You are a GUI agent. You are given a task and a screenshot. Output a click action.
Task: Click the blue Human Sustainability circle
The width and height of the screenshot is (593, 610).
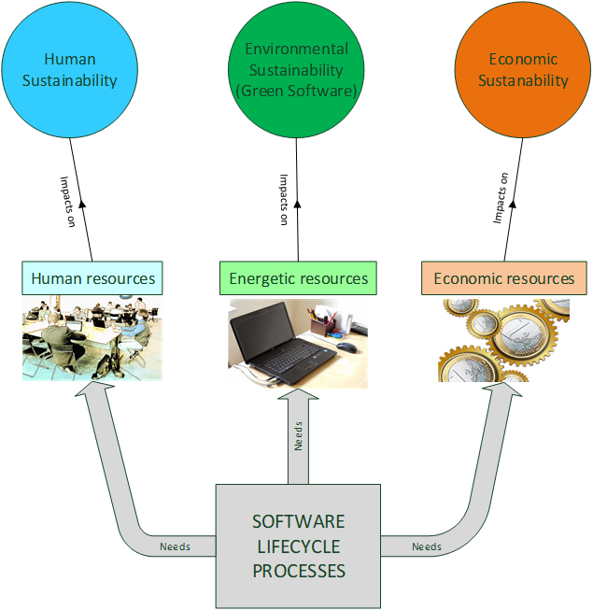click(70, 70)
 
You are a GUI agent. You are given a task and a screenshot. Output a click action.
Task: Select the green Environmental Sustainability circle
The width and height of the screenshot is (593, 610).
click(296, 70)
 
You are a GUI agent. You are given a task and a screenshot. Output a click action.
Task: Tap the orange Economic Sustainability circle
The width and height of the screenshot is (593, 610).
click(523, 70)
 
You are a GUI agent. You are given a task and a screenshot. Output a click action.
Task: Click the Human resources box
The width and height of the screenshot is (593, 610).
click(92, 278)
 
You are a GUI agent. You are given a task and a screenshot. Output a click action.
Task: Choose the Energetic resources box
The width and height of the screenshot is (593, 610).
click(298, 278)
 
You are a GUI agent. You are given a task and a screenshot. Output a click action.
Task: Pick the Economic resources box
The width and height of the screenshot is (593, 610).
click(504, 278)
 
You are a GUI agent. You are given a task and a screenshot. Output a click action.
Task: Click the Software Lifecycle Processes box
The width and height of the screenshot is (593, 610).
click(298, 546)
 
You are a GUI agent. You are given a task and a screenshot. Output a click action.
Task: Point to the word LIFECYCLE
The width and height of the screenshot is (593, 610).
click(299, 546)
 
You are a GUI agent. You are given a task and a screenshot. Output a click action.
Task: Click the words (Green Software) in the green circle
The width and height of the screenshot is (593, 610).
click(296, 91)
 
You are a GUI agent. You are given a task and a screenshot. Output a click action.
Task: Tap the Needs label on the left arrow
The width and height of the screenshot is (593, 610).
click(175, 546)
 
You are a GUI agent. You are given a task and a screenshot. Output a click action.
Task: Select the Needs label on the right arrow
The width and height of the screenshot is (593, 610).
click(427, 546)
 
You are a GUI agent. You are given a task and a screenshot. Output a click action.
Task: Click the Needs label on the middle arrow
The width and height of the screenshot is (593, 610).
click(298, 436)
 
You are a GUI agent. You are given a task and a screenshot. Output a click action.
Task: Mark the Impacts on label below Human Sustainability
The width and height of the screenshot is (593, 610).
click(67, 202)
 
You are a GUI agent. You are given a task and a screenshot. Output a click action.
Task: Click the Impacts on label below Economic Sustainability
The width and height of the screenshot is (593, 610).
click(501, 198)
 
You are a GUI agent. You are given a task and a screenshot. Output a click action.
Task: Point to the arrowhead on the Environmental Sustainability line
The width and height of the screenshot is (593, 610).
click(298, 204)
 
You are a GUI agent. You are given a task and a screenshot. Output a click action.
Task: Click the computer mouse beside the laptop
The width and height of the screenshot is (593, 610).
click(346, 347)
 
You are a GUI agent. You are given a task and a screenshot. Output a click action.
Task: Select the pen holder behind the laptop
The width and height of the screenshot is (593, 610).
click(322, 326)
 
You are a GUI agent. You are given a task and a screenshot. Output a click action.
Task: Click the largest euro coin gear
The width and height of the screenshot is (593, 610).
click(521, 333)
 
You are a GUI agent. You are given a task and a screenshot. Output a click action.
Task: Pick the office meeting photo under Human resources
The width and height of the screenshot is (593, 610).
click(92, 338)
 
